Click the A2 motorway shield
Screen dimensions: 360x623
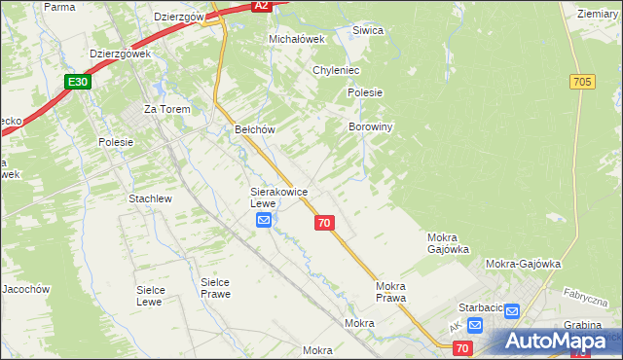click(260, 6)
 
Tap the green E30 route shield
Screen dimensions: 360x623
click(79, 83)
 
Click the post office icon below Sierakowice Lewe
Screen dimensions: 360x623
click(264, 222)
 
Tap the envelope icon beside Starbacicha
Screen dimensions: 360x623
click(513, 311)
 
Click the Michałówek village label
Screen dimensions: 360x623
click(295, 39)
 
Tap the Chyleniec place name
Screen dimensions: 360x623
click(337, 70)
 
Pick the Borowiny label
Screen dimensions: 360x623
click(370, 126)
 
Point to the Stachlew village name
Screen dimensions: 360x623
click(150, 198)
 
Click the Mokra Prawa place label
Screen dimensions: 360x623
click(390, 292)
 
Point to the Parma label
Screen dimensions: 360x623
click(59, 7)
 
